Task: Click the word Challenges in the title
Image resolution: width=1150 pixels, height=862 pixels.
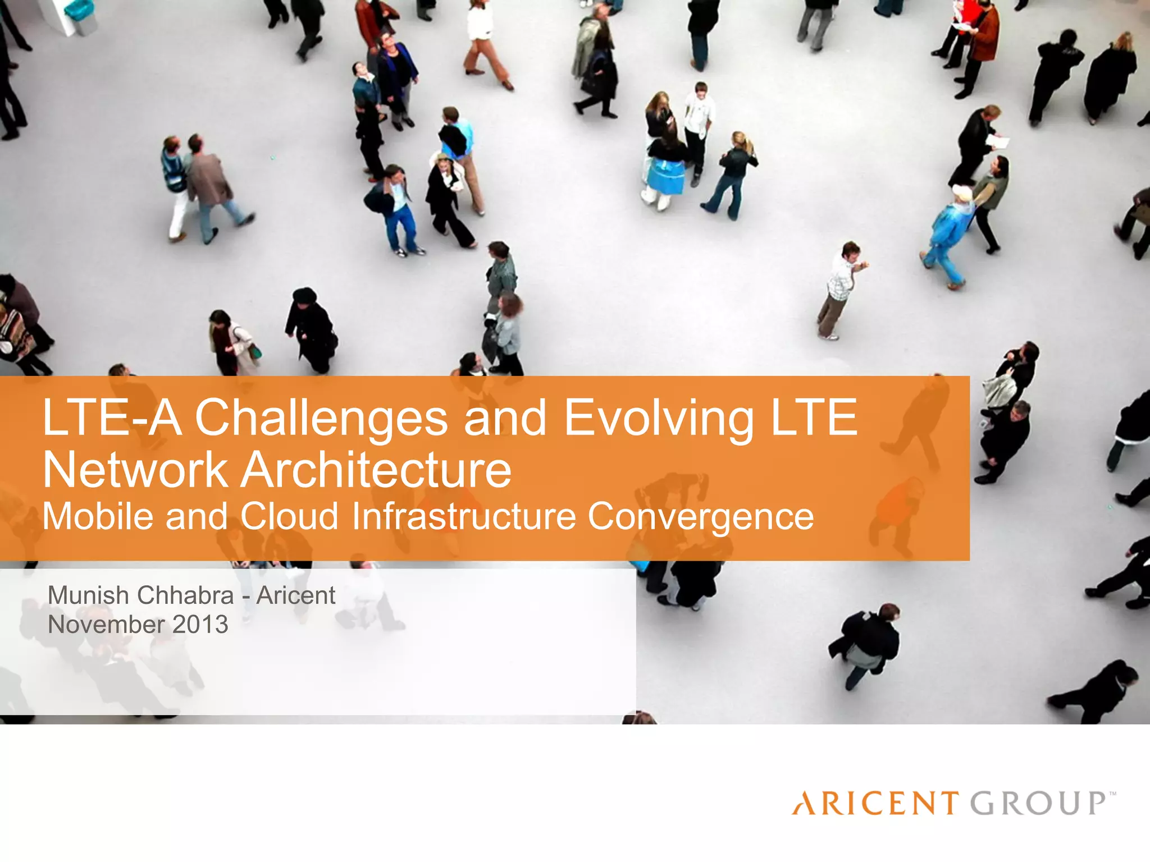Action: (321, 418)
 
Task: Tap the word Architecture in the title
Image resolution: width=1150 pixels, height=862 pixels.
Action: (377, 470)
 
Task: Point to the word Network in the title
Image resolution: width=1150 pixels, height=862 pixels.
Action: (135, 470)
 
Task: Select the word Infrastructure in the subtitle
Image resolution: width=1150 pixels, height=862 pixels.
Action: (464, 516)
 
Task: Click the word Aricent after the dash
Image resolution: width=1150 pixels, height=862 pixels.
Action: (296, 595)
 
